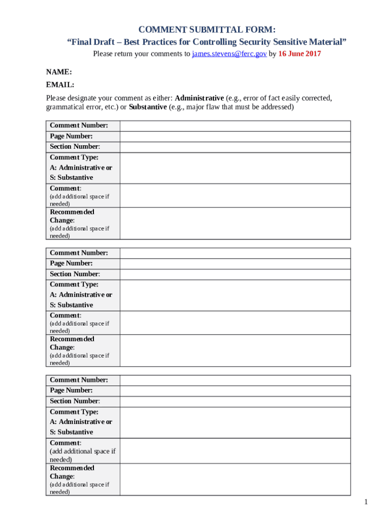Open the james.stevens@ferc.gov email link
[230, 54]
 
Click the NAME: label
[59, 73]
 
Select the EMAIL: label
[60, 85]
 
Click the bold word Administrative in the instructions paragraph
[199, 97]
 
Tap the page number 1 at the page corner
[365, 502]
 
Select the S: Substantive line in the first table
[71, 178]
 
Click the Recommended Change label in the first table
[72, 216]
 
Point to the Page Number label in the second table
[71, 263]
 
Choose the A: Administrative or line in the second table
[81, 295]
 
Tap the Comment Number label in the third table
[79, 380]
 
